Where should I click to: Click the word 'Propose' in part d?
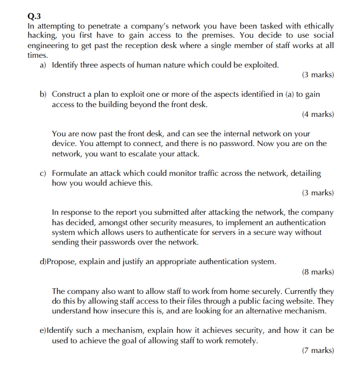coord(62,262)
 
